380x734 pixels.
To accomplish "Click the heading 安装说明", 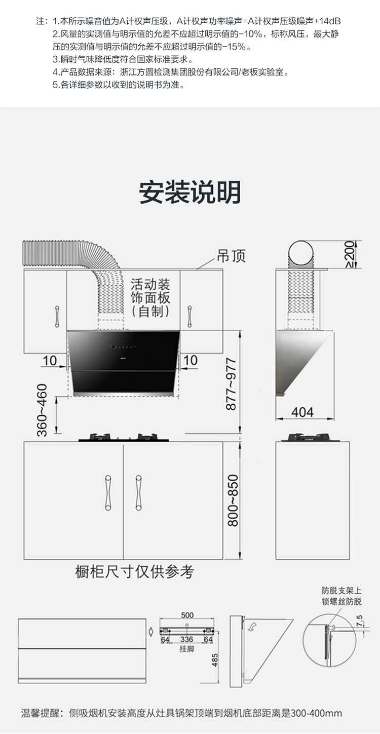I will coord(190,191).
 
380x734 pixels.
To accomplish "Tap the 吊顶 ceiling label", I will coord(231,256).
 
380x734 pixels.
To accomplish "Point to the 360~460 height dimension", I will coord(42,410).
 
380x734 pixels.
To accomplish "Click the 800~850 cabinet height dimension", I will coord(232,500).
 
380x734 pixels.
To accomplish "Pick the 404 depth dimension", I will coord(302,411).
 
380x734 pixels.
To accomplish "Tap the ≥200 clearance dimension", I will coord(349,254).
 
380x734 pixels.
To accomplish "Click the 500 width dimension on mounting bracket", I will coord(187,615).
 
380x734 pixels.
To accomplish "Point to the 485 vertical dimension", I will coord(215,660).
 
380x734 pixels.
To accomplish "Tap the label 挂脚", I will coord(186,649).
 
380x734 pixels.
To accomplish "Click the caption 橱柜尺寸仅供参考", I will coord(134,572).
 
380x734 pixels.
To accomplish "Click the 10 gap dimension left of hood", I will coord(50,360).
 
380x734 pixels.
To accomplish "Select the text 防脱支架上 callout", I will coord(341,591).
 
